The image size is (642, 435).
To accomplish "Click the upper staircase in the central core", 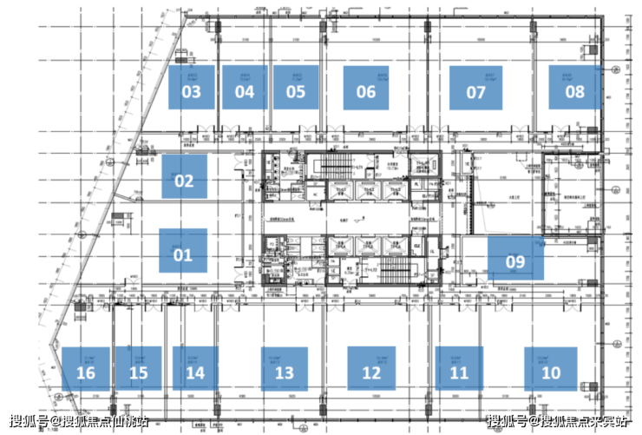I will tap(335, 164).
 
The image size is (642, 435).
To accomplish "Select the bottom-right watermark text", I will tap(555, 421).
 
